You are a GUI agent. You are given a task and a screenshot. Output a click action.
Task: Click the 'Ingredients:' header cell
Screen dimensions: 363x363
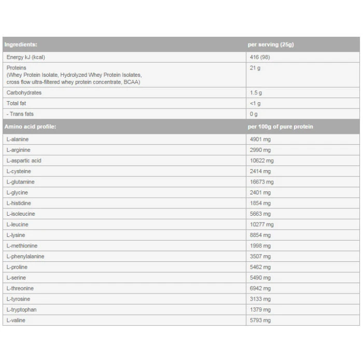click(21, 45)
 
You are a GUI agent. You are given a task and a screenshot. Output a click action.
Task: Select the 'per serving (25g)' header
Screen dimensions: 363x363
click(271, 45)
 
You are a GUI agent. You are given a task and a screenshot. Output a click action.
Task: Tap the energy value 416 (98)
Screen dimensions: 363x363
click(260, 57)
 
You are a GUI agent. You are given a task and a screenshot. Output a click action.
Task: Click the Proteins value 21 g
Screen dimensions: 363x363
click(255, 68)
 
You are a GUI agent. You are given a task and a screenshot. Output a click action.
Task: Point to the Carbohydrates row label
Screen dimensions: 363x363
click(24, 93)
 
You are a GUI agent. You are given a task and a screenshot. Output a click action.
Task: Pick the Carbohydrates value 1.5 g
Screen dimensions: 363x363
click(256, 93)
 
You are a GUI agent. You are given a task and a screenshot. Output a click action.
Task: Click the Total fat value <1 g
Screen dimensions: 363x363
click(256, 103)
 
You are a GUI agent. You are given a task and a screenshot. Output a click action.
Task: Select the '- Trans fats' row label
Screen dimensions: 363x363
click(20, 114)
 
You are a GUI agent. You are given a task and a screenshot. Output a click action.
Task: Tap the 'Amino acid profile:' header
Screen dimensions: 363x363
click(30, 127)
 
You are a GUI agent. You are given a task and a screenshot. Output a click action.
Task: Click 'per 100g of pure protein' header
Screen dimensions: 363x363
click(281, 127)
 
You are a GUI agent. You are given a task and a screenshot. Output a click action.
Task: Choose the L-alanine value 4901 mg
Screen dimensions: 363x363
click(260, 139)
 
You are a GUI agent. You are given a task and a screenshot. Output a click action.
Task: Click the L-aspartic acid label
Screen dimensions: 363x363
click(24, 161)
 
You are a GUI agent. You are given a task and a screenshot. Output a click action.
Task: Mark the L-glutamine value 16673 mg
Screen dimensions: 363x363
click(262, 182)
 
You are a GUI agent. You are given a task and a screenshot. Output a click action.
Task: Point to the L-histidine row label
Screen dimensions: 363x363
click(19, 203)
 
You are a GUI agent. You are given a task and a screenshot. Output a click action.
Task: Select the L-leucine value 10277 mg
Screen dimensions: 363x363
click(262, 225)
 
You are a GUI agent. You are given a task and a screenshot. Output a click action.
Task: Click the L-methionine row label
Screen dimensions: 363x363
click(22, 246)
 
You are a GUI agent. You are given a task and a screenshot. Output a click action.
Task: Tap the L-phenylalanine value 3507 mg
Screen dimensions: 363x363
click(260, 256)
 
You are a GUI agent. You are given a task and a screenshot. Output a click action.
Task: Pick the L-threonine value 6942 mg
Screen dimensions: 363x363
click(260, 288)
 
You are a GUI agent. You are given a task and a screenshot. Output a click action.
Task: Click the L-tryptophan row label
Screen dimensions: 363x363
click(21, 310)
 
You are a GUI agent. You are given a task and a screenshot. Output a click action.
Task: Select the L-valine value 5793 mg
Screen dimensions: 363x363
click(260, 320)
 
